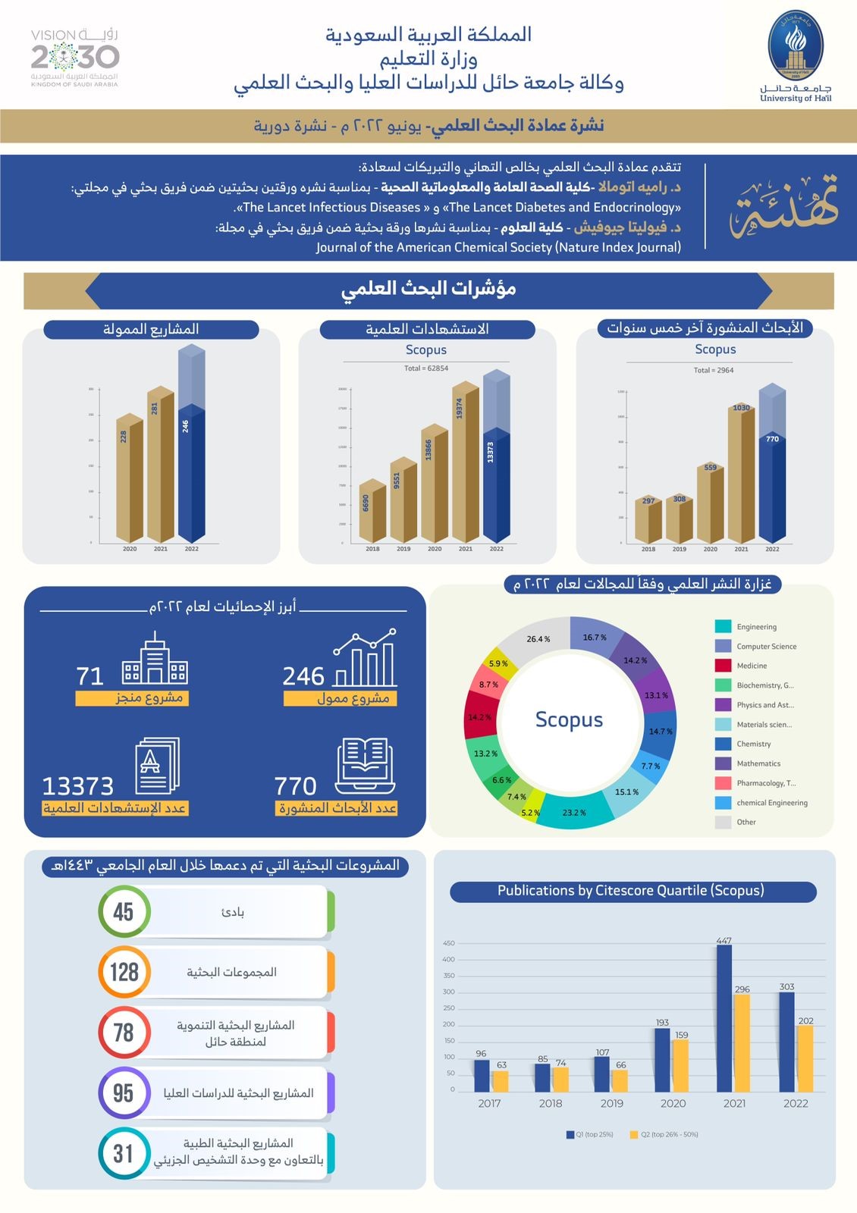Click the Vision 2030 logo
tap(75, 58)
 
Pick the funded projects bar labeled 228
tap(129, 478)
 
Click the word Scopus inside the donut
tap(569, 719)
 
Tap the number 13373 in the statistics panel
tap(77, 786)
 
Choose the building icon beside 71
tap(155, 662)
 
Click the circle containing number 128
tap(124, 972)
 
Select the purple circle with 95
tap(124, 1093)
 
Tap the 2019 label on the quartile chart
tap(611, 1103)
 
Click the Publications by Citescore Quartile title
tap(631, 891)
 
